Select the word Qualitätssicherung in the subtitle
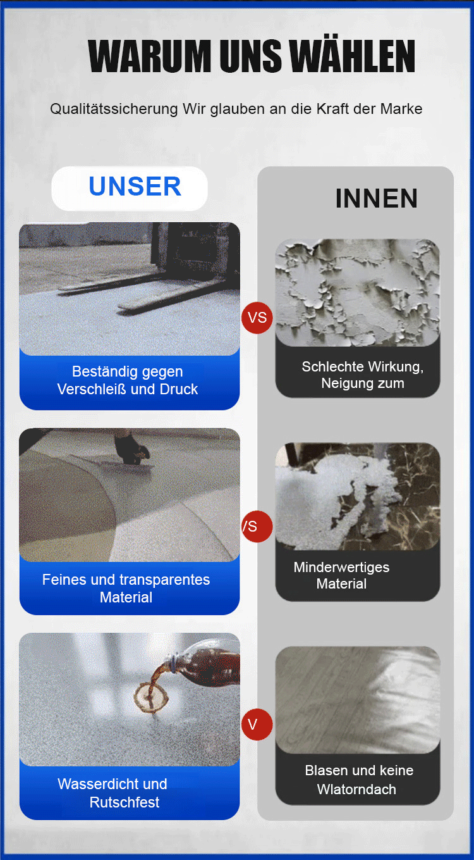(x=114, y=109)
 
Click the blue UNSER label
(x=135, y=187)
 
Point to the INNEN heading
(x=376, y=199)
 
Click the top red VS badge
(x=257, y=318)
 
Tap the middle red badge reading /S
(x=257, y=526)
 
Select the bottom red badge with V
(x=257, y=725)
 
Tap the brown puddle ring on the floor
(x=151, y=697)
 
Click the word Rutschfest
(x=125, y=802)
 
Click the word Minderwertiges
(x=341, y=568)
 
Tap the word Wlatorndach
(x=356, y=789)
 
